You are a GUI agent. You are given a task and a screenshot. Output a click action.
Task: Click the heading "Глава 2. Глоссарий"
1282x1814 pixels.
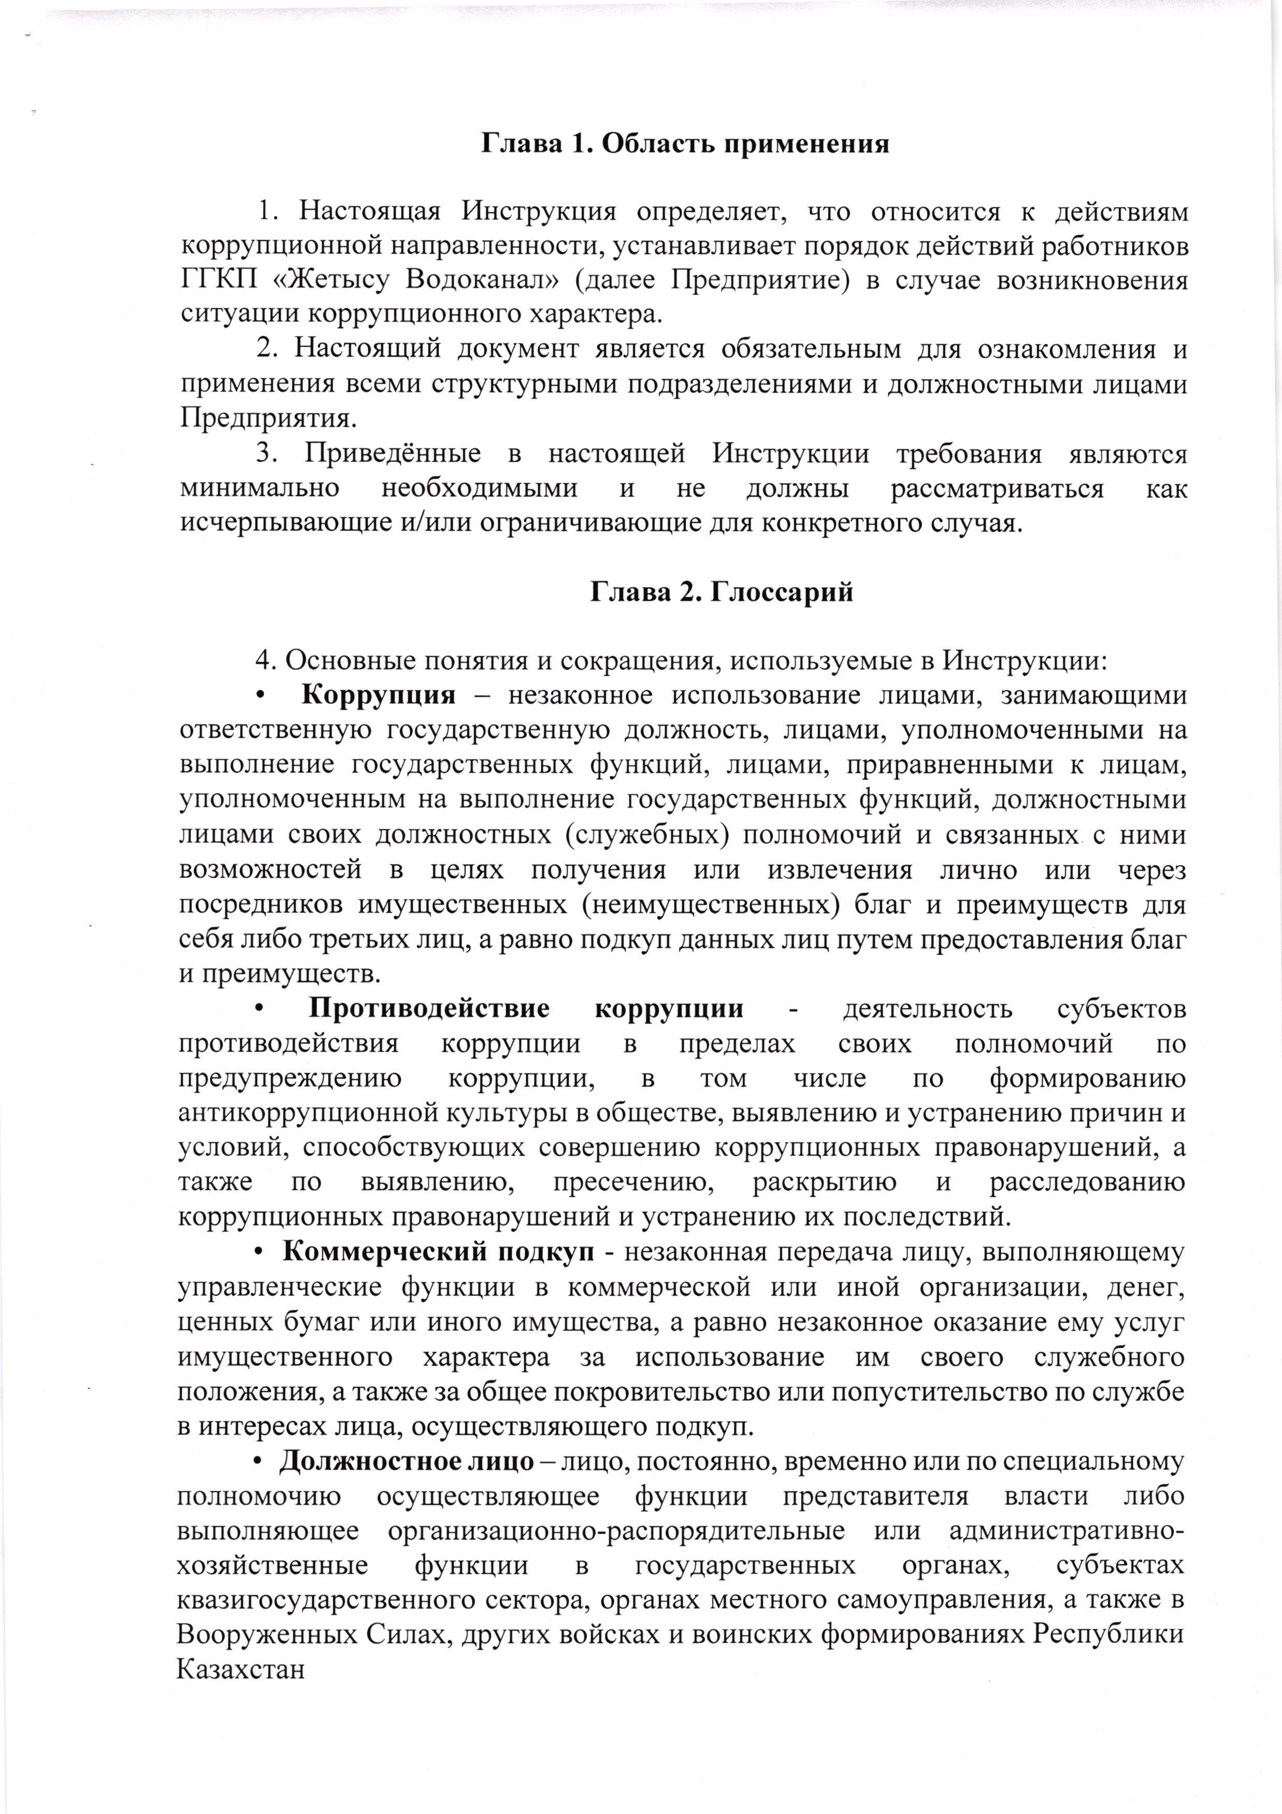[721, 592]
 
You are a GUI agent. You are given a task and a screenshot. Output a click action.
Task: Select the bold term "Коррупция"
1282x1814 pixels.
[379, 695]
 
